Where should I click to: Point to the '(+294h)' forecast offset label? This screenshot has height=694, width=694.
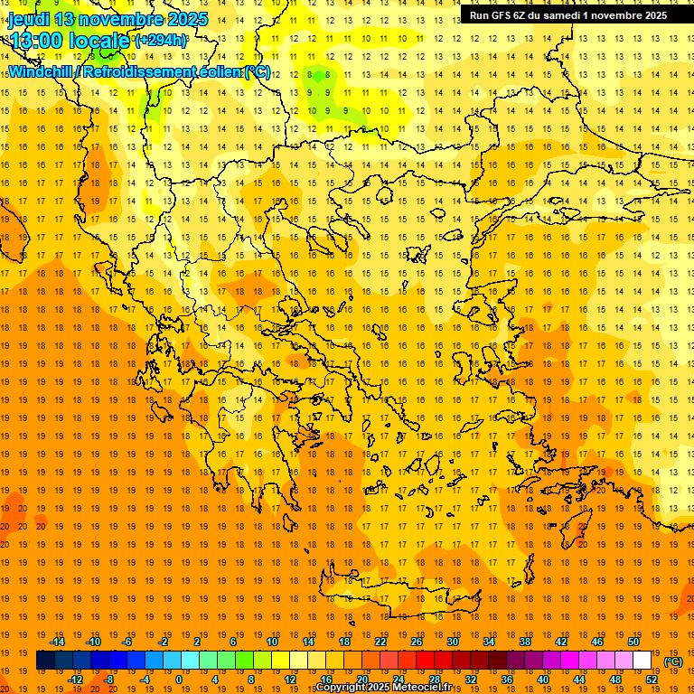pos(161,41)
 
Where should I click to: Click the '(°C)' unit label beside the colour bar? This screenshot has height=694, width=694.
pos(673,661)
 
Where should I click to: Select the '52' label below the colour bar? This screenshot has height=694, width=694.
pos(652,680)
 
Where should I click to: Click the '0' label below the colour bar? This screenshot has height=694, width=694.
pos(178,680)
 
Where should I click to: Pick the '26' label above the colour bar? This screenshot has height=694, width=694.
pos(417,642)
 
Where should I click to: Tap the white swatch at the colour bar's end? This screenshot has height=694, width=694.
pos(642,661)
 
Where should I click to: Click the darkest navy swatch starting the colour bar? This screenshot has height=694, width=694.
pos(45,661)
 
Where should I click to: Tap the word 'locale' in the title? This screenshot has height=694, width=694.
pos(101,42)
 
